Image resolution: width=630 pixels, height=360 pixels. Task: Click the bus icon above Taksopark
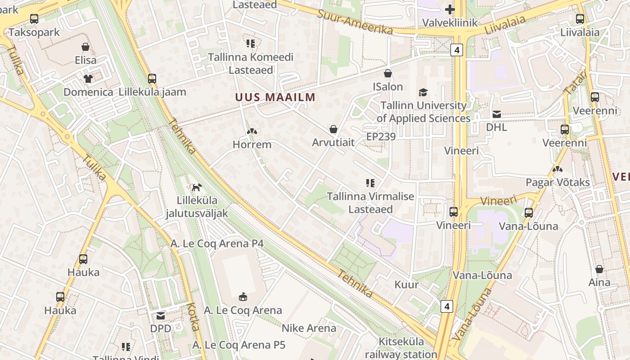pos(34,18)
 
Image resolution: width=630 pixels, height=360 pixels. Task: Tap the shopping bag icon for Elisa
pos(85,47)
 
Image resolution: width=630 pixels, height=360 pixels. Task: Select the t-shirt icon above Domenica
pos(88,79)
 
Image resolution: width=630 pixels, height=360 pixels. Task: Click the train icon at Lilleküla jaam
pos(152,78)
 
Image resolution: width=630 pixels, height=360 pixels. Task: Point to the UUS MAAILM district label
pos(275,97)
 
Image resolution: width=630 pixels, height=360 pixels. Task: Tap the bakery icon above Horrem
pos(252,132)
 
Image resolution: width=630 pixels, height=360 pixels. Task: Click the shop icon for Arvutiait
pos(333,130)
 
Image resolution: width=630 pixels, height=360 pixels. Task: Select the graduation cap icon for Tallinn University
pos(423,92)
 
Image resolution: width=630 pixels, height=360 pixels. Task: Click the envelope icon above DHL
pos(497,114)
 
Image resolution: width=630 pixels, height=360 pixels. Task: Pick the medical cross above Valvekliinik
pos(450,9)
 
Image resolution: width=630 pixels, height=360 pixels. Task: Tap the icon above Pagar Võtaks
pos(558,170)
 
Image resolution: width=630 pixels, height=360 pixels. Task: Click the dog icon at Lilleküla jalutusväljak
pos(197,187)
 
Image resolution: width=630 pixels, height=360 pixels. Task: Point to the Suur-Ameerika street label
pos(355,22)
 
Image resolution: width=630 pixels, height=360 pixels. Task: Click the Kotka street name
pos(194,317)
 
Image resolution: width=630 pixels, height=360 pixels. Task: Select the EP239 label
pos(381,136)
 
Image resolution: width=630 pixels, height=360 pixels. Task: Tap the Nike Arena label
pos(309,328)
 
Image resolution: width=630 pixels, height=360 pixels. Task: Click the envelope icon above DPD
pos(161,316)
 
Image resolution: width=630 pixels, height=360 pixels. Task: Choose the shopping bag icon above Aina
pos(599,269)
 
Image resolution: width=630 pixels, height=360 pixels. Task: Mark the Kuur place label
pos(406,284)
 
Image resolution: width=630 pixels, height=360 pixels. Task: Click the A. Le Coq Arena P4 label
pos(217,243)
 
